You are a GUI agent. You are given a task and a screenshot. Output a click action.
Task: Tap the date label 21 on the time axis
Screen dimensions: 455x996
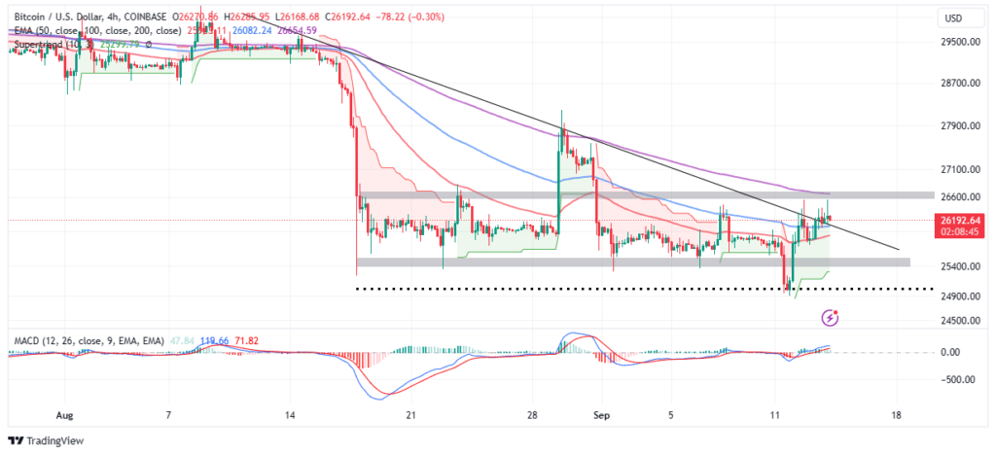click(x=411, y=414)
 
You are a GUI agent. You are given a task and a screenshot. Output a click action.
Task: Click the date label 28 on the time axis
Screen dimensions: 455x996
click(x=533, y=414)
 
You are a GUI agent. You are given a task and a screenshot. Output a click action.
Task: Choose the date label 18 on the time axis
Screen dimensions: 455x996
click(x=896, y=414)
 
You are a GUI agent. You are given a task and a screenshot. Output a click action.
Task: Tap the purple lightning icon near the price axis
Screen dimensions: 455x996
click(x=830, y=318)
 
